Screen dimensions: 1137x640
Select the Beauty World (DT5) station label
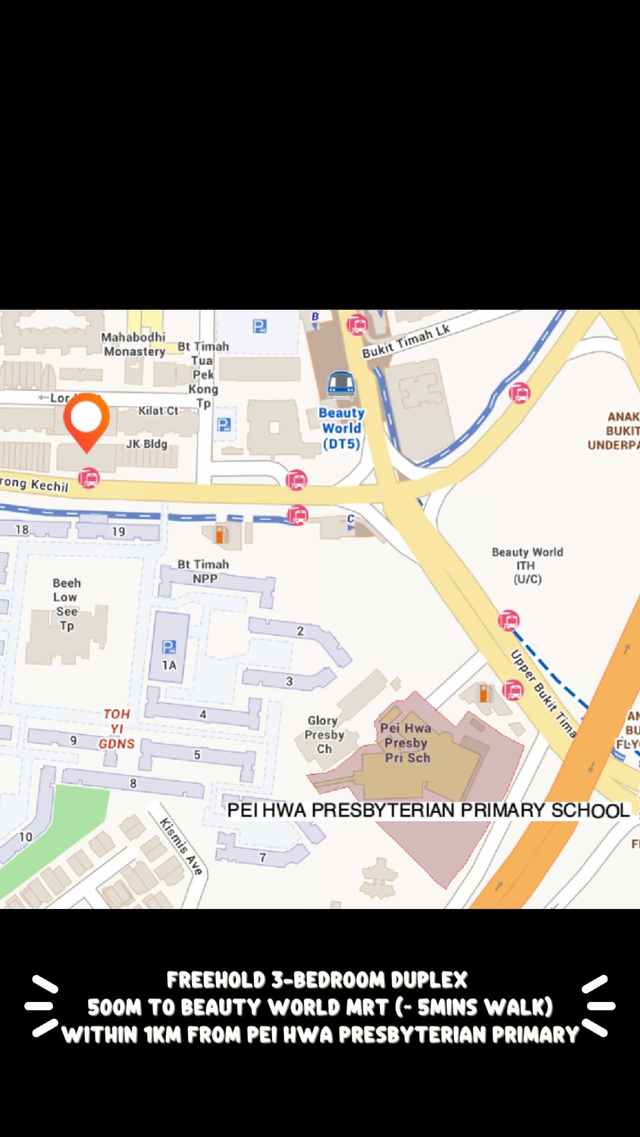(341, 428)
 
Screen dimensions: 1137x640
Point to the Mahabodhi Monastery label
(134, 344)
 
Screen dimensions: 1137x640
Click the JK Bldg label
(146, 444)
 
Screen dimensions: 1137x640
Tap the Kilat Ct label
(158, 410)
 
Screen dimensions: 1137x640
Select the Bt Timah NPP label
(203, 571)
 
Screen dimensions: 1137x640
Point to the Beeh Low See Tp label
(66, 604)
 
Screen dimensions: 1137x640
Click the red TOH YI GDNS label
(117, 729)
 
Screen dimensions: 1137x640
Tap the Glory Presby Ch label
(324, 734)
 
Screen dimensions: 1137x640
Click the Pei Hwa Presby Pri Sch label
(407, 743)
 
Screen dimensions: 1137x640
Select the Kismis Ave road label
(181, 846)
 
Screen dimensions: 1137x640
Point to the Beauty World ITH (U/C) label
(527, 566)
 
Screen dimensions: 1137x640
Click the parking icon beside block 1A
(169, 647)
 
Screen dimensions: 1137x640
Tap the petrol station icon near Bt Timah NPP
(220, 534)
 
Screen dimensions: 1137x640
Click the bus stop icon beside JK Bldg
(88, 478)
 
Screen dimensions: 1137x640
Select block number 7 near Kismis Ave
(263, 857)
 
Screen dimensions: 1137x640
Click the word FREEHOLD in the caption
(216, 980)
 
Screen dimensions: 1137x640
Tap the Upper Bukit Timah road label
(543, 693)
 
